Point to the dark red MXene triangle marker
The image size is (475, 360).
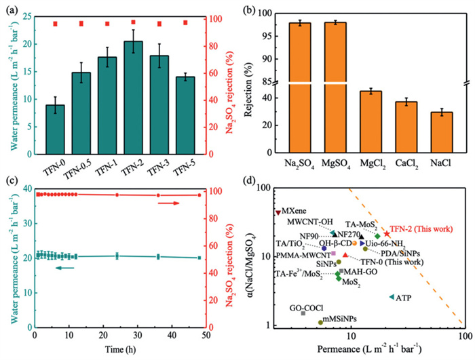click(278, 212)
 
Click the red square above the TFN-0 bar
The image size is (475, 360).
click(56, 24)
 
